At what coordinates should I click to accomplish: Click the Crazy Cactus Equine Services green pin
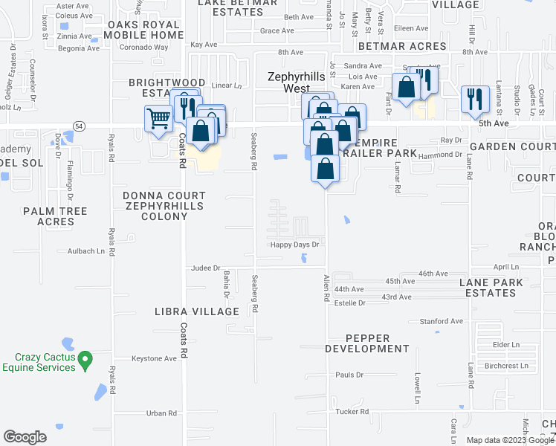point(85,360)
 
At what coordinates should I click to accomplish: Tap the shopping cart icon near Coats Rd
point(158,117)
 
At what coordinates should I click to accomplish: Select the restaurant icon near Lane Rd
point(473,100)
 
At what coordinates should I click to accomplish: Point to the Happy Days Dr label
point(294,245)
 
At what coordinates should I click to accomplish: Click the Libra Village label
point(196,311)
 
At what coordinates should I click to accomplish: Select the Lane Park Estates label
point(491,288)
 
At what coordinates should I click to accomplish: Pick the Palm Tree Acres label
point(55,216)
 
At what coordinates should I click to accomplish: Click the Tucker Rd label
point(352,412)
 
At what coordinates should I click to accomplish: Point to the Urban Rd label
point(161,413)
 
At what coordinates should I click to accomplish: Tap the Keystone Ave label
point(154,358)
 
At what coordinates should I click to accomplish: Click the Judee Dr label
point(206,268)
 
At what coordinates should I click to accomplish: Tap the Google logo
point(25,437)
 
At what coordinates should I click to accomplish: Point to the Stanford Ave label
point(442,321)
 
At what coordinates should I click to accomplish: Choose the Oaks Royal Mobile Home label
point(144,30)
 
